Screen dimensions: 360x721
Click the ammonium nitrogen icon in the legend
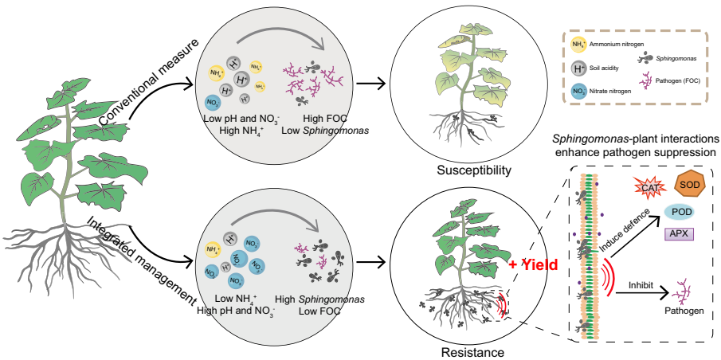[x=579, y=45]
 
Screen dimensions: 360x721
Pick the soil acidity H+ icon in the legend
[x=579, y=68]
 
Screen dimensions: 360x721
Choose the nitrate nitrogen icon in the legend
[x=579, y=92]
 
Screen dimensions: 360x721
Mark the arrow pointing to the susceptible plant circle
[x=373, y=83]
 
